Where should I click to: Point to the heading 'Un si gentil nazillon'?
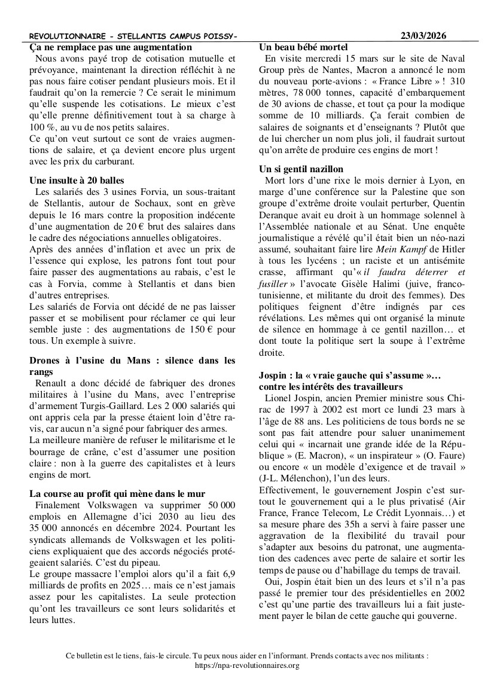[301, 169]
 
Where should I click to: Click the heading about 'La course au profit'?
[117, 493]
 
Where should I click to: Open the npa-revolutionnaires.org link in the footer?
[247, 665]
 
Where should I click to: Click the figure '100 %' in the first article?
[41, 127]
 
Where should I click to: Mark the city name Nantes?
[333, 70]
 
